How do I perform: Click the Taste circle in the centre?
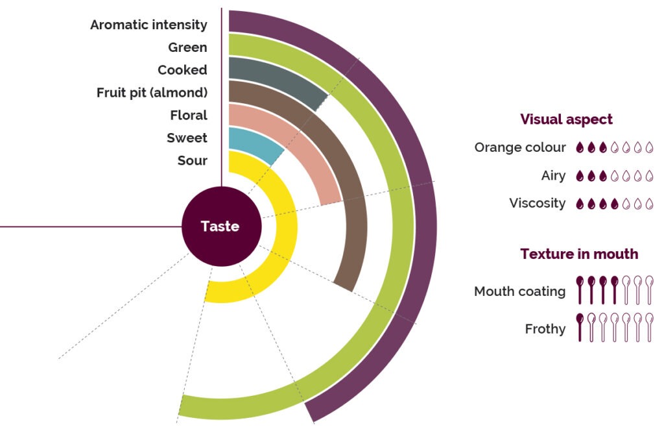pos(221,226)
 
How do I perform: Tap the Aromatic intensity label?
pos(148,25)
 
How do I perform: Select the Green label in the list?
pos(187,47)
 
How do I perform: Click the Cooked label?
pos(182,70)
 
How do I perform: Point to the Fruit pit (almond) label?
pos(152,93)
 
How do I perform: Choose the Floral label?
pos(189,116)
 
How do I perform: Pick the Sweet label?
pos(187,138)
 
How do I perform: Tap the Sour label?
pos(192,160)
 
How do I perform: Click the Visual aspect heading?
pos(566,119)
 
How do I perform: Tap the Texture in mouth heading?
pos(578,254)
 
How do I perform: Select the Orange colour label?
pos(520,147)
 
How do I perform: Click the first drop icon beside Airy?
pos(580,176)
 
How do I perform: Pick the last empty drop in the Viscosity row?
pos(649,204)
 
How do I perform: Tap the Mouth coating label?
pos(519,291)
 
